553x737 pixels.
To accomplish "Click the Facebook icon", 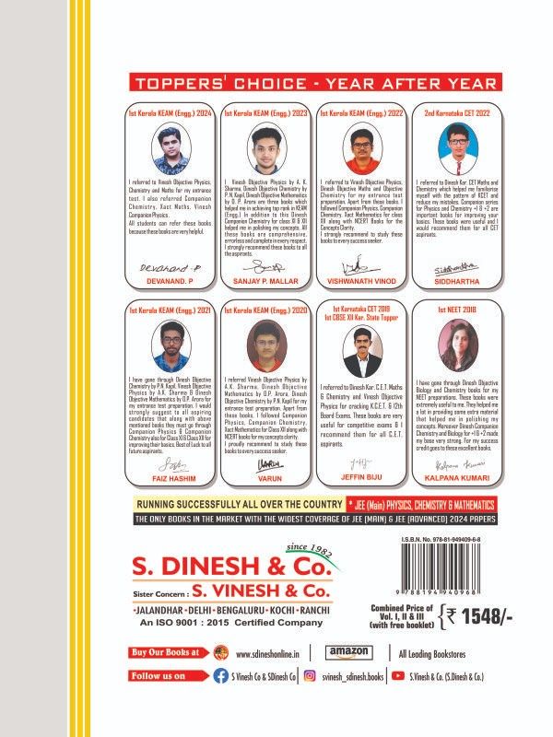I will (x=221, y=675).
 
